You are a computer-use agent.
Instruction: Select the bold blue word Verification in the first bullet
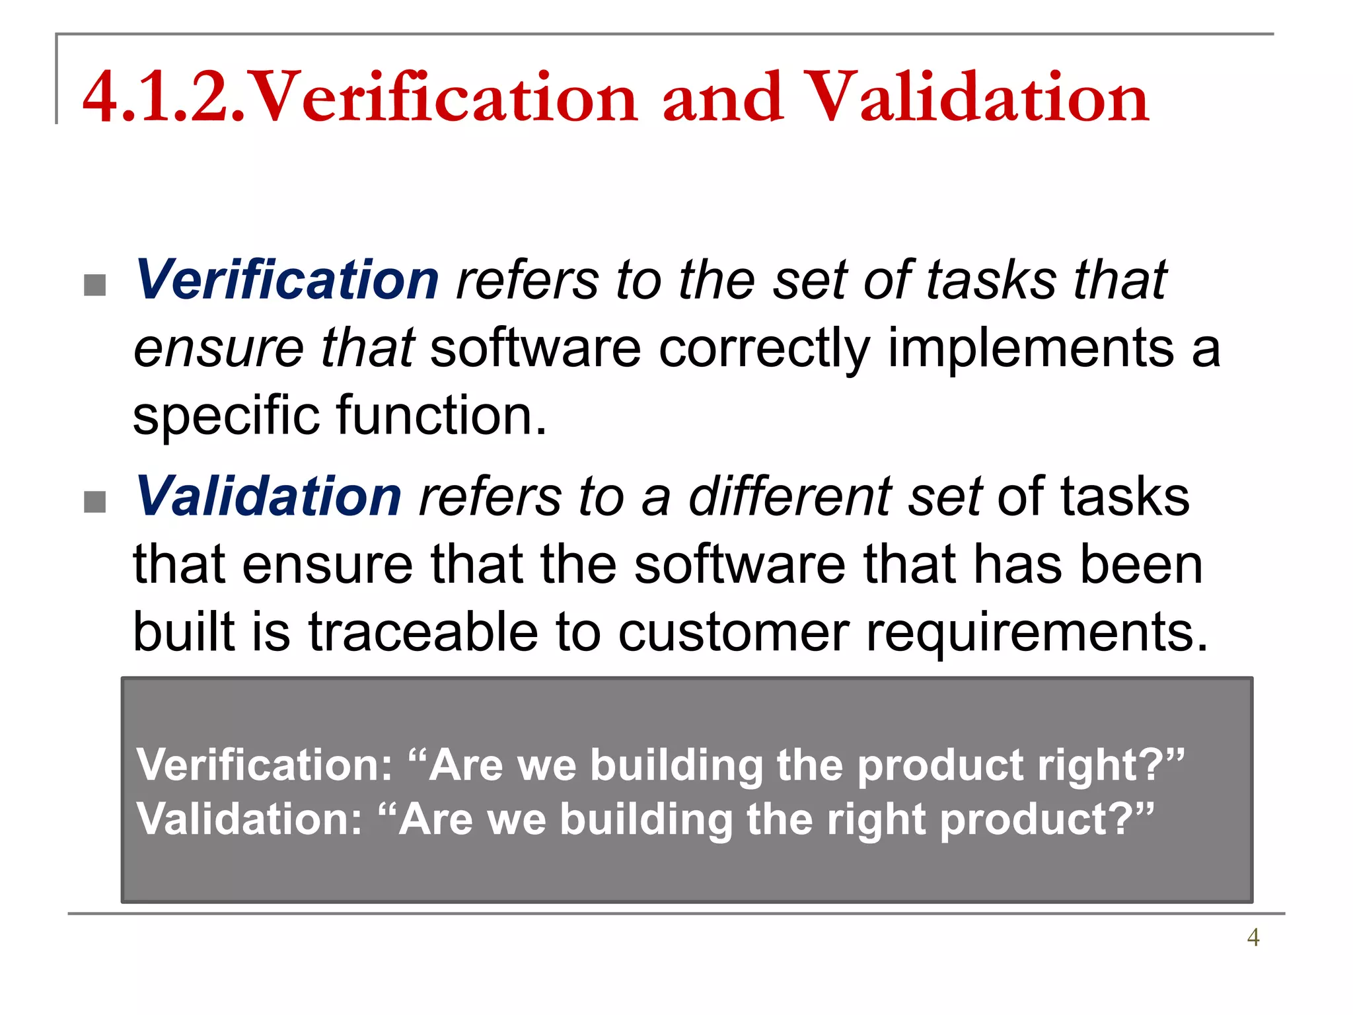tap(287, 280)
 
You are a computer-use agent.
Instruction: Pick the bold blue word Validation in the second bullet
tap(268, 497)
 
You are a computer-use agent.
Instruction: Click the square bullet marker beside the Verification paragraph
tap(95, 285)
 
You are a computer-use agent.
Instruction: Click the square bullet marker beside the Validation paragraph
tap(95, 502)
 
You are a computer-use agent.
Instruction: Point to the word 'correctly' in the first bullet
tap(764, 349)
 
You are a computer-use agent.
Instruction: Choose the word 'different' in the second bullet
tap(790, 497)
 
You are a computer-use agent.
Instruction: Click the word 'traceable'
tap(423, 632)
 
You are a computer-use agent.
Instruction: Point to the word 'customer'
tap(733, 633)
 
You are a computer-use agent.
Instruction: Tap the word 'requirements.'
tap(1037, 633)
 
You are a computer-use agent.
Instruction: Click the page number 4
tap(1253, 937)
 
